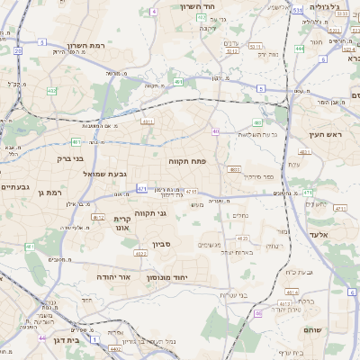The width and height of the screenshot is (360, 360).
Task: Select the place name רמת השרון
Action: coord(87,46)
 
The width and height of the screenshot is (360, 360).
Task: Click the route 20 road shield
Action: coord(18,51)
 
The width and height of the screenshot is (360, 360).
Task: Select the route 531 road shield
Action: coord(296,10)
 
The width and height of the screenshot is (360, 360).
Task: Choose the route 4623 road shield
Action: coord(241,238)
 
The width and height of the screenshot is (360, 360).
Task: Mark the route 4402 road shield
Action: coord(115,347)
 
